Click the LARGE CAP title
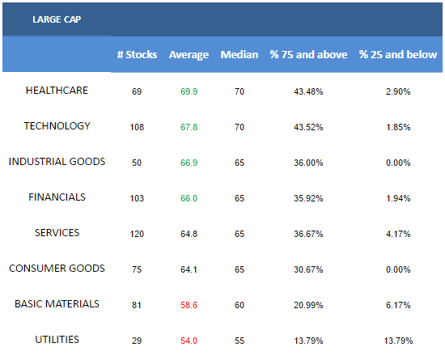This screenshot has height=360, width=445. click(x=57, y=19)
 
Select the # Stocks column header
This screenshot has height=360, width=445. click(x=137, y=54)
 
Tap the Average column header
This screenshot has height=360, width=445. click(x=189, y=55)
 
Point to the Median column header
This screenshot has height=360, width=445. click(x=239, y=54)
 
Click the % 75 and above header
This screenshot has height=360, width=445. click(x=308, y=54)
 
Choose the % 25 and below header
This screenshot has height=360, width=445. click(x=398, y=54)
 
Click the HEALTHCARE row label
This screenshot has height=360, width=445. click(x=57, y=91)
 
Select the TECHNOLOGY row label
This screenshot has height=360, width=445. click(x=57, y=125)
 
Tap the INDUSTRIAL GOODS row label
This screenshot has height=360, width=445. click(x=57, y=162)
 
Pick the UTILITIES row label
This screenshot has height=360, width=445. click(x=57, y=339)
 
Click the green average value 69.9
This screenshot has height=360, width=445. click(x=189, y=91)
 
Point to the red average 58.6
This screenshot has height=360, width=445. click(x=189, y=305)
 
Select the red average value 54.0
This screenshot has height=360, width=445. click(x=189, y=341)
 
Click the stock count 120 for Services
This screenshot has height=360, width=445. click(x=137, y=234)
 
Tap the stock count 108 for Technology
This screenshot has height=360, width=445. click(x=137, y=127)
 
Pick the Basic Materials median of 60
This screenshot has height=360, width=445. click(x=239, y=305)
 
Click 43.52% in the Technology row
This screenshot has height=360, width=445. click(x=308, y=127)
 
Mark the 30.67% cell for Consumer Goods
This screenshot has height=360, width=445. click(x=308, y=269)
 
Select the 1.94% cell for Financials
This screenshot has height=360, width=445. click(x=398, y=198)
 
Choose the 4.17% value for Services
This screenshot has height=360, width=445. click(x=398, y=234)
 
